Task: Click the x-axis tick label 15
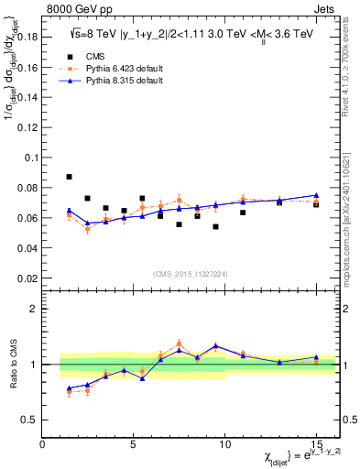coord(315,444)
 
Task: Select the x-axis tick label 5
coord(134,444)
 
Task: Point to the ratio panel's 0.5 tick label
coord(30,420)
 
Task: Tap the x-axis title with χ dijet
coord(288,457)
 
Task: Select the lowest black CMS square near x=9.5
coord(215,226)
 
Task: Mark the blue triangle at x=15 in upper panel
coord(315,195)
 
